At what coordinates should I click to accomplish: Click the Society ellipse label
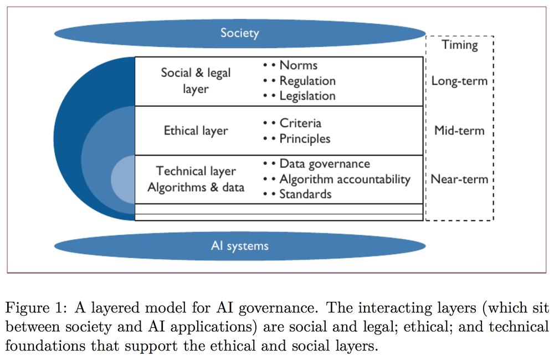(239, 33)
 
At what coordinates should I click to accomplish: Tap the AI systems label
(239, 246)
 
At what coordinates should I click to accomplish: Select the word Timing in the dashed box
(460, 45)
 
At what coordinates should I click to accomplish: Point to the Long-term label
(459, 81)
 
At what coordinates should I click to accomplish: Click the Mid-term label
(459, 130)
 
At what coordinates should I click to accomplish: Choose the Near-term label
(459, 179)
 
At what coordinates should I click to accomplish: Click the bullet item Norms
(299, 65)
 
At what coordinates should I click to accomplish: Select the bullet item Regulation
(307, 81)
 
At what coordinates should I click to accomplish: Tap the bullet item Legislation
(307, 96)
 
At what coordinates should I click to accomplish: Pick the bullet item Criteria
(300, 124)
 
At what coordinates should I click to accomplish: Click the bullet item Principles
(305, 139)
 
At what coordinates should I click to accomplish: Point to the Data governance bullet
(325, 164)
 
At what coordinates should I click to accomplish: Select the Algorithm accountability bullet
(345, 179)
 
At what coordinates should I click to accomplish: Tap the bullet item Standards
(305, 194)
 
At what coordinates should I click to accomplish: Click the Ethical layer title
(196, 131)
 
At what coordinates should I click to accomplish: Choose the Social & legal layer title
(196, 81)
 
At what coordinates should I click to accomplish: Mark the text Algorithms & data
(196, 187)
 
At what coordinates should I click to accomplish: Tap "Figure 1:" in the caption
(36, 308)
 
